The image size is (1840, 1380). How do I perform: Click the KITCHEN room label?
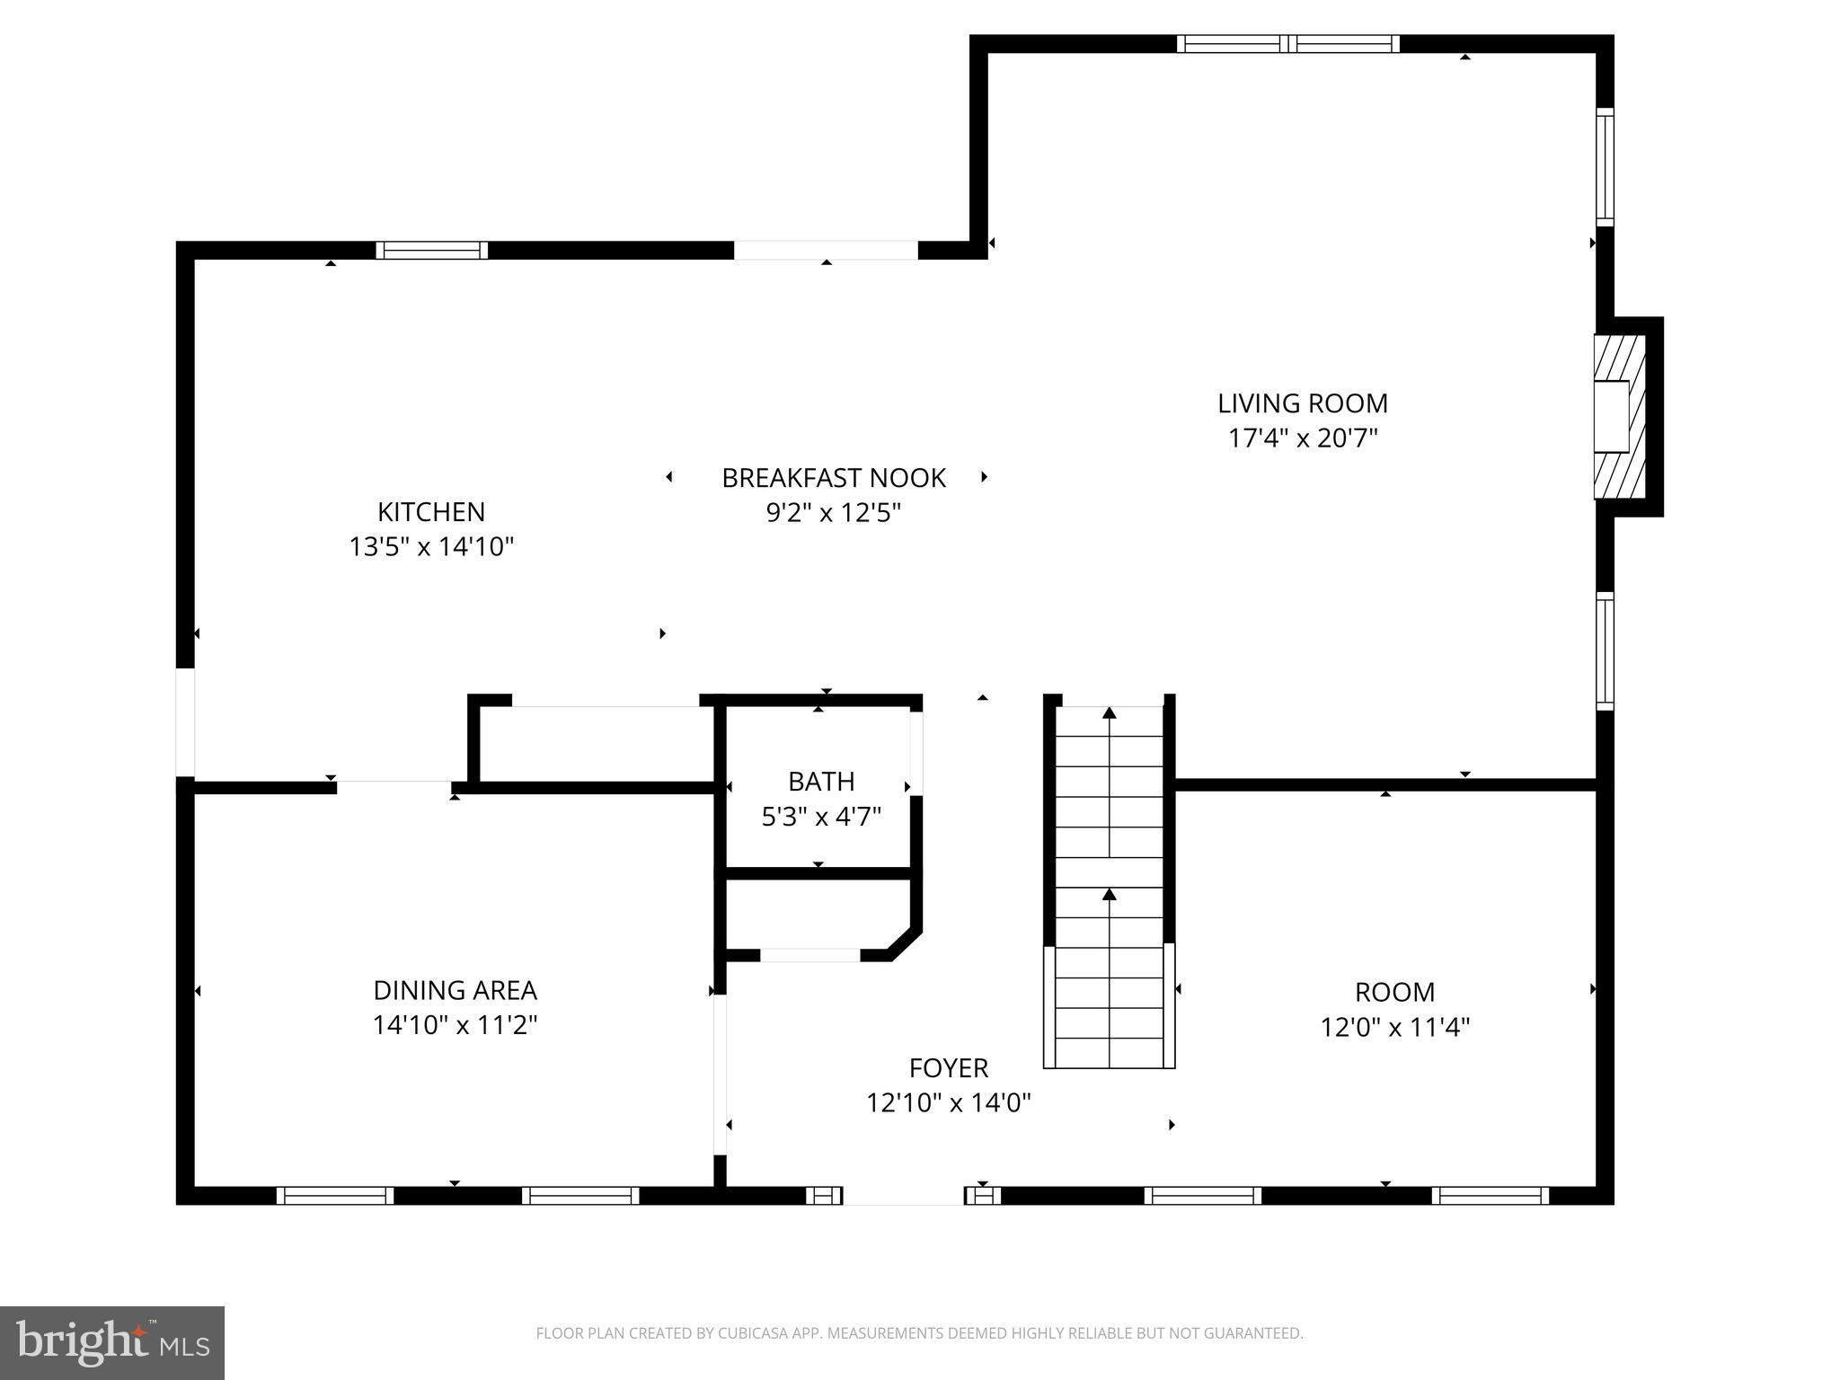pos(431,511)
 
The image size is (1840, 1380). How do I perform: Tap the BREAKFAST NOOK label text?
pos(834,478)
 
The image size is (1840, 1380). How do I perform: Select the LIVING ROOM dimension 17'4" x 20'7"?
pos(1303,438)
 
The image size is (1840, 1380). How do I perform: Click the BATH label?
pos(821,782)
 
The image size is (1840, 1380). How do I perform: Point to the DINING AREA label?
pos(455,990)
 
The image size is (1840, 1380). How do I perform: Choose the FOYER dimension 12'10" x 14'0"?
pos(948,1102)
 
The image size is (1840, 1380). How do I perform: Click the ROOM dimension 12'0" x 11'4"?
pos(1394,1027)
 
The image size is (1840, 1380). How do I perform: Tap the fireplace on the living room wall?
pos(1619,416)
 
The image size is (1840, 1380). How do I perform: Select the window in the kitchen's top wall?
pos(432,251)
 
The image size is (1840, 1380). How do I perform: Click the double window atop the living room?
pos(1288,44)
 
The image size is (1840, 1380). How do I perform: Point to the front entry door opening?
pos(903,1195)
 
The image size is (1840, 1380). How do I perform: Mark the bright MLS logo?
pos(112,1341)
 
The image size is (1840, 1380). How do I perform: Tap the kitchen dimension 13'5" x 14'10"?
pos(431,546)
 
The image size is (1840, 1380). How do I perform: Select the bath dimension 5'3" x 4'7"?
pos(821,817)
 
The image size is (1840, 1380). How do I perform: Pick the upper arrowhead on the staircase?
pos(1110,713)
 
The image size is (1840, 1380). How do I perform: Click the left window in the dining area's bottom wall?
pos(335,1195)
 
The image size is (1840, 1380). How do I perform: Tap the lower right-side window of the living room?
pos(1605,651)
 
